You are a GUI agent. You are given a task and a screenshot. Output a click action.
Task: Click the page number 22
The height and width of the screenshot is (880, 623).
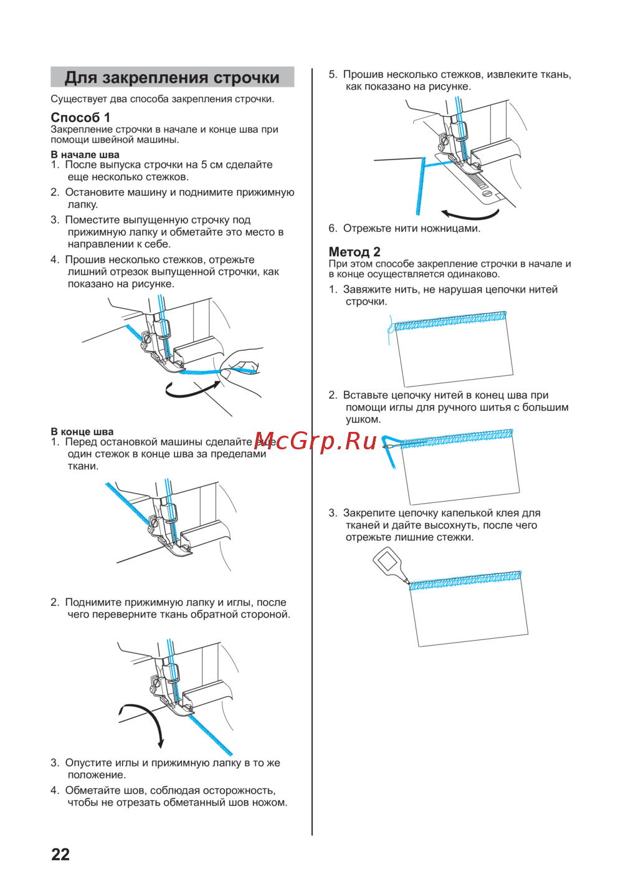point(60,854)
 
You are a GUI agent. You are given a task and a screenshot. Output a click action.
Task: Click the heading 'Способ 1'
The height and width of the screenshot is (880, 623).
point(80,117)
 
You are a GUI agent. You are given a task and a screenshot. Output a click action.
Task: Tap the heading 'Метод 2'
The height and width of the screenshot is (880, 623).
point(354,251)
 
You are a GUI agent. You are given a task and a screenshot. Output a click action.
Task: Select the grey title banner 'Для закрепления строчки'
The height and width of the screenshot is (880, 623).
point(172,77)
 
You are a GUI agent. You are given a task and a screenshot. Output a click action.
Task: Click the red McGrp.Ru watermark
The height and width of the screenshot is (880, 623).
point(315,442)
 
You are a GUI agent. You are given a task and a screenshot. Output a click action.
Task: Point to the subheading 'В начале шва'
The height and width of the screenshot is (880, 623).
point(85,155)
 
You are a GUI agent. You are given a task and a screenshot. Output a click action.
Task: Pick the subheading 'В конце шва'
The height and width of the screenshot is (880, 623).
point(82,431)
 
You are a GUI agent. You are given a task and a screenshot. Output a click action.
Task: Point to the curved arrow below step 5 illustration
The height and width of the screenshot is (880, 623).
point(470,215)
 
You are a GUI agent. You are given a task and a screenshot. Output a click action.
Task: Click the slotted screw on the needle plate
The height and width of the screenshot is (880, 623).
point(487,193)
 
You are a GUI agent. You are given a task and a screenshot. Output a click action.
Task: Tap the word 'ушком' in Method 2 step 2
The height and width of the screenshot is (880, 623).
point(363,419)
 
